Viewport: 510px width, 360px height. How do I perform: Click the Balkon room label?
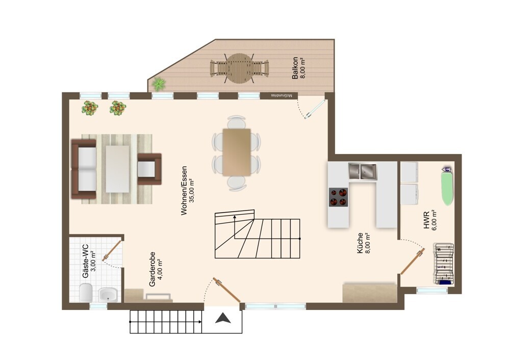[295, 68]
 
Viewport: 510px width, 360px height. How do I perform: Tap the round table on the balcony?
[240, 69]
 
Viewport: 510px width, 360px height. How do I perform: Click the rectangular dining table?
[237, 152]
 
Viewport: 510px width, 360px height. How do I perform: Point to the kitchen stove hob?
[338, 197]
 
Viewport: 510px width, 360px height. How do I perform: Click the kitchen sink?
[363, 171]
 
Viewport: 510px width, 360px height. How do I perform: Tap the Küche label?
[360, 243]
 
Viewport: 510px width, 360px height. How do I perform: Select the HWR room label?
[427, 219]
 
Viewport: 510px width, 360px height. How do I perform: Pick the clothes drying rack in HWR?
[444, 264]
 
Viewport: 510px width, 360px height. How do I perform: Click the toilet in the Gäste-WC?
[86, 292]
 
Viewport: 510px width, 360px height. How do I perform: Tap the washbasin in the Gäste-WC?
[108, 295]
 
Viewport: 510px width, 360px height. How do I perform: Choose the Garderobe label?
[152, 269]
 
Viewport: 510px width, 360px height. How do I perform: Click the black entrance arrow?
[223, 318]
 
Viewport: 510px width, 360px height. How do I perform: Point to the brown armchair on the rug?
[149, 169]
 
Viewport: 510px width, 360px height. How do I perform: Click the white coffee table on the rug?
[117, 169]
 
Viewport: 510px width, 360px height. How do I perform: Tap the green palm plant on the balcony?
[159, 84]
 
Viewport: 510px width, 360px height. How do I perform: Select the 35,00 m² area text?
[192, 191]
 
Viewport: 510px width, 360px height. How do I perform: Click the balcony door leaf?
[315, 109]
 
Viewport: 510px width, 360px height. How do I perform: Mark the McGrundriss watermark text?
[282, 96]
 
